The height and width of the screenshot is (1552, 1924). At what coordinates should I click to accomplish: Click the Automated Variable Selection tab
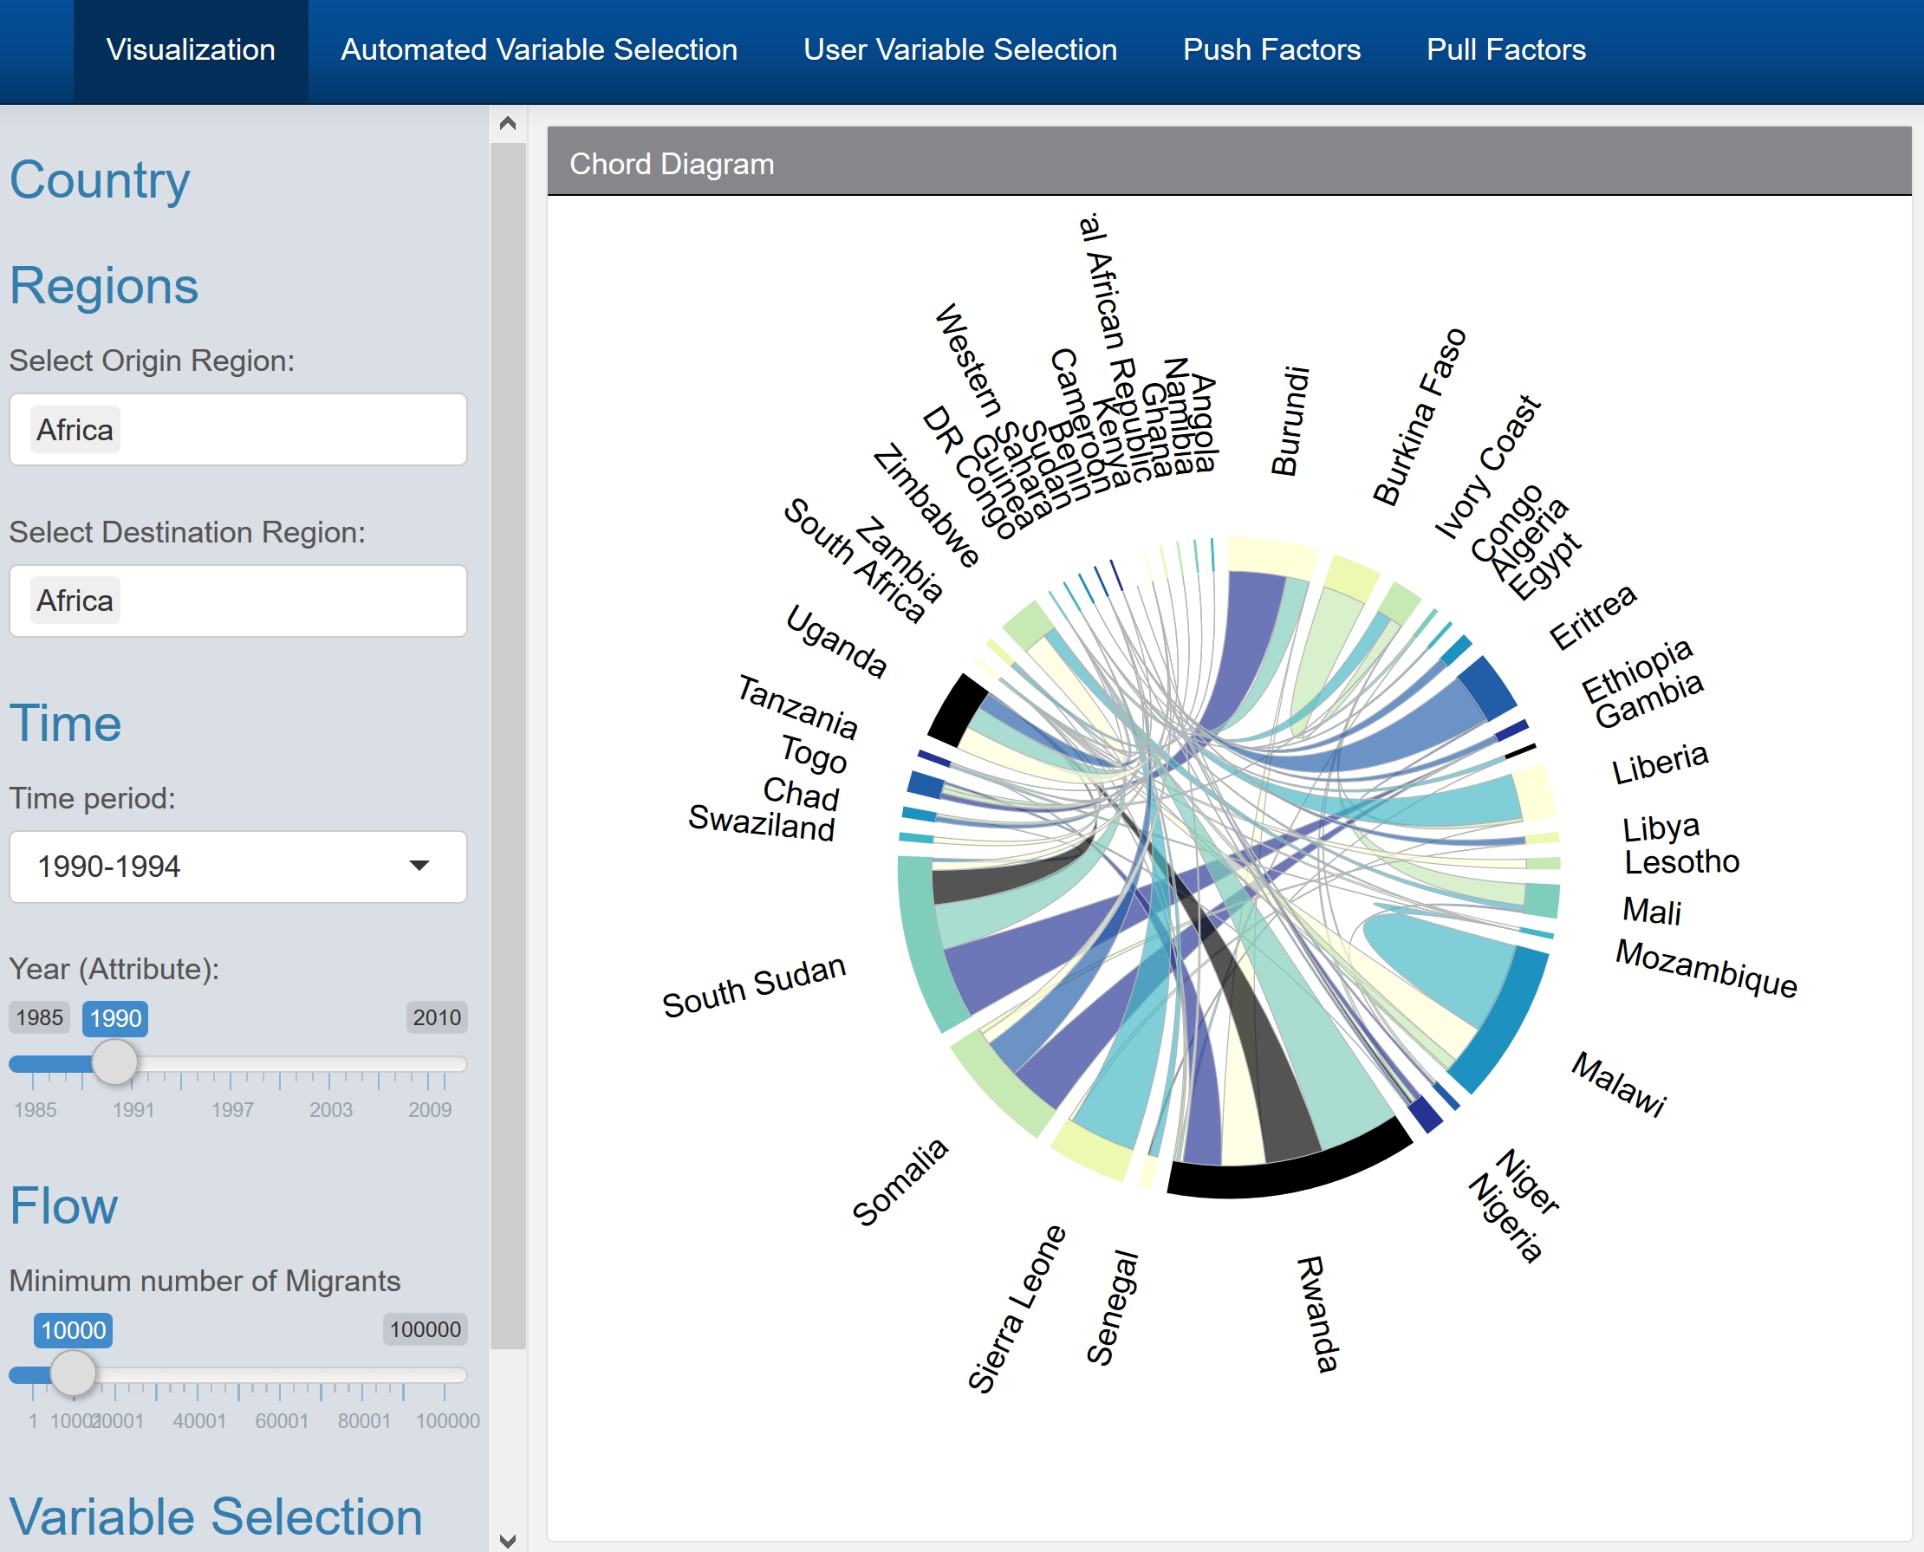pyautogui.click(x=538, y=49)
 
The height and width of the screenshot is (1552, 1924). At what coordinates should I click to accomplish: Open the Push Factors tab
pyautogui.click(x=1271, y=49)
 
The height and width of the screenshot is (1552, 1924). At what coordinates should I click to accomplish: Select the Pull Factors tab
pyautogui.click(x=1505, y=49)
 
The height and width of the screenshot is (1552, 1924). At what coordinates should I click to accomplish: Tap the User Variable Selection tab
pyautogui.click(x=959, y=49)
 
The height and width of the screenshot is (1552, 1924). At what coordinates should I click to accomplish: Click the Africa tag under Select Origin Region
pyautogui.click(x=75, y=430)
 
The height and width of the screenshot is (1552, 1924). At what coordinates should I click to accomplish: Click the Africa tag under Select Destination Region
pyautogui.click(x=75, y=601)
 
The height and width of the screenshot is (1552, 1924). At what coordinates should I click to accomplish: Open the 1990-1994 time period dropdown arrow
pyautogui.click(x=419, y=866)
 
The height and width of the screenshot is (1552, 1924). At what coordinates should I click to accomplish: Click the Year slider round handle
pyautogui.click(x=115, y=1063)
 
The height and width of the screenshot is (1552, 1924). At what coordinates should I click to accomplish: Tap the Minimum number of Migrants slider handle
pyautogui.click(x=74, y=1373)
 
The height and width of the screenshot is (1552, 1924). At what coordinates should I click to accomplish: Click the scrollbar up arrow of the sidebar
pyautogui.click(x=508, y=123)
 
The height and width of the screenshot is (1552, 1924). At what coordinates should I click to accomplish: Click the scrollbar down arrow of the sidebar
pyautogui.click(x=508, y=1540)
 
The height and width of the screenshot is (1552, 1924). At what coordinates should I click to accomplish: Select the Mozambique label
pyautogui.click(x=1706, y=968)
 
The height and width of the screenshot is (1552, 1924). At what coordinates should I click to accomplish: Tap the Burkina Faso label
pyautogui.click(x=1419, y=418)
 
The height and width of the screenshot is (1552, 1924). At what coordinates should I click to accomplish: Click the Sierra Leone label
pyautogui.click(x=1016, y=1308)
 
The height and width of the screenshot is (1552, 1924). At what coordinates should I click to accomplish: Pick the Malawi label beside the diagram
pyautogui.click(x=1619, y=1082)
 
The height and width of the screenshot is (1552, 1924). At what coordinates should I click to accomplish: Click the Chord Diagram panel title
pyautogui.click(x=672, y=165)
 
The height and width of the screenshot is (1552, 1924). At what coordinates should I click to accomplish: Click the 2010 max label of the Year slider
pyautogui.click(x=436, y=1017)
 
